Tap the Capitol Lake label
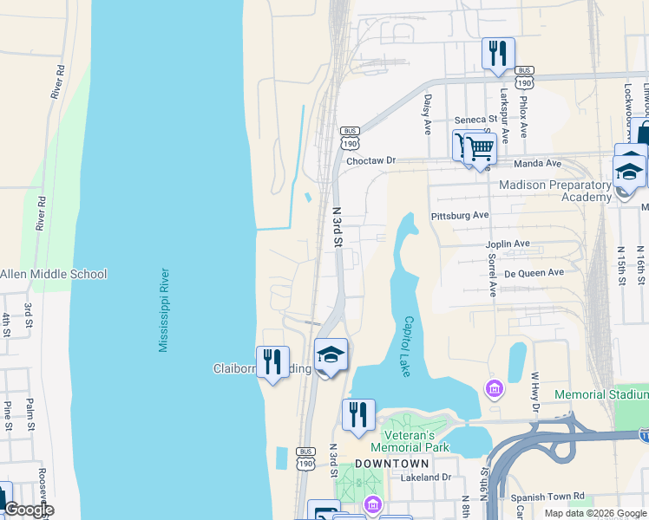pos(410,345)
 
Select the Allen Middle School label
pos(53,275)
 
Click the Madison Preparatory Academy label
pos(555,192)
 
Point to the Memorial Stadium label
pos(601,394)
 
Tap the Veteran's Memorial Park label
pos(410,441)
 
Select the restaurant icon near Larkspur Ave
pos(498,54)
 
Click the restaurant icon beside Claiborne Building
pos(272,362)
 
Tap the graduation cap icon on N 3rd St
pos(331,354)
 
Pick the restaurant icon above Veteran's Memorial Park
pos(358,415)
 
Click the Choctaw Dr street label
pos(370,161)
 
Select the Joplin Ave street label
pos(508,244)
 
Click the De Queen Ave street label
pos(534,272)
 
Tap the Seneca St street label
pos(475,120)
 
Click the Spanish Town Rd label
pos(552,498)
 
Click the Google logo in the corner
pos(28,510)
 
